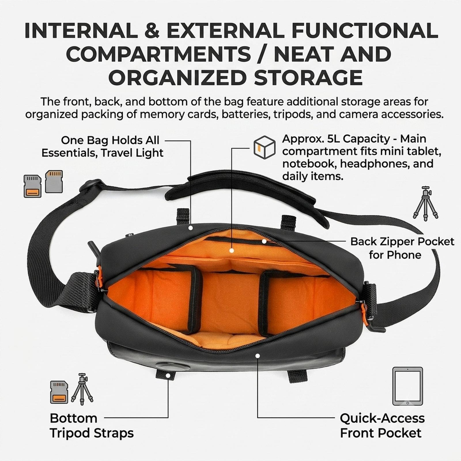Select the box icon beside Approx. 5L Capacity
tap(264, 147)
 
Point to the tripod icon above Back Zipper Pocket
tap(425, 203)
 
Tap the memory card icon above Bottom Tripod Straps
tap(59, 392)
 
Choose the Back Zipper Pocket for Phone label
tap(402, 248)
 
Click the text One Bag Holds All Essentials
tap(102, 146)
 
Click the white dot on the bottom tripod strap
tap(168, 375)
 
